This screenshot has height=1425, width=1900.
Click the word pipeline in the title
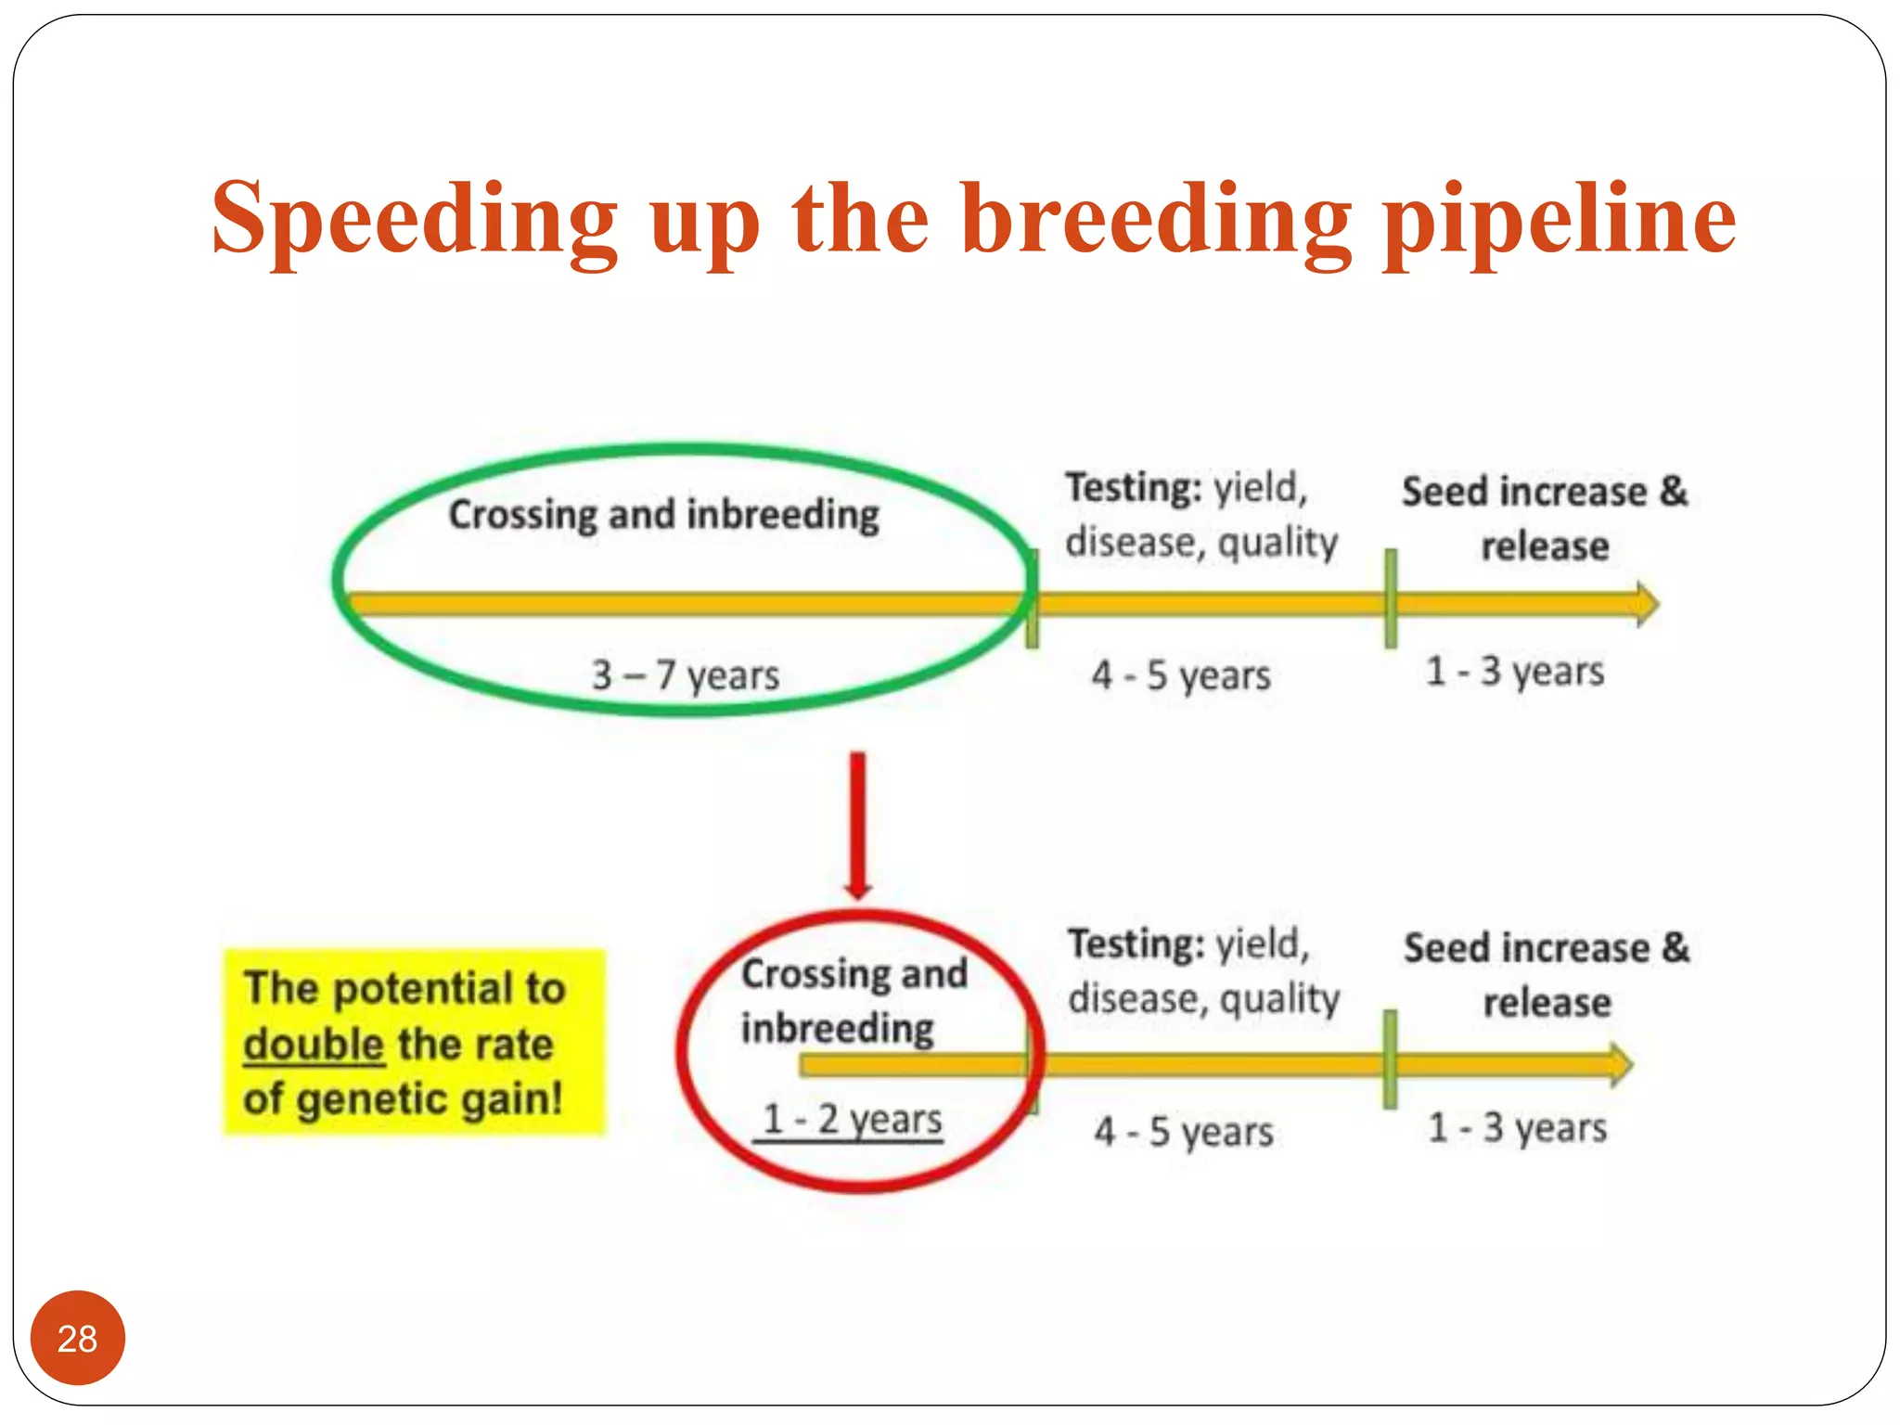point(1560,219)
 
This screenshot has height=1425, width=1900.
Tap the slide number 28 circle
point(77,1338)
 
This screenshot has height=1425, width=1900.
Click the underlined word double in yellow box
point(314,1045)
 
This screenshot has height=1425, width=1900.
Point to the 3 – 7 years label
point(686,674)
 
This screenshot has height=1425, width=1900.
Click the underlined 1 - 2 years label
point(851,1119)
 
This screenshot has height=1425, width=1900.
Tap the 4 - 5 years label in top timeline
point(1180,674)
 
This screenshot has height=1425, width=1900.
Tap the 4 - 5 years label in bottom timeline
point(1183,1131)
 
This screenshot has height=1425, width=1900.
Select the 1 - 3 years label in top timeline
point(1514,670)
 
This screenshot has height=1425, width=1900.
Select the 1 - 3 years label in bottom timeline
point(1517,1127)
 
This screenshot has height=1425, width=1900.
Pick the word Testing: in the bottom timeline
point(1136,944)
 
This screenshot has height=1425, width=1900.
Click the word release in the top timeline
point(1545,546)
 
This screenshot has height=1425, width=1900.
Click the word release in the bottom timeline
point(1547,1002)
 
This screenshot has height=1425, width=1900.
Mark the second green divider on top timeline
point(1391,598)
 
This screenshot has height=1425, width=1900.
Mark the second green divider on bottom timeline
point(1390,1059)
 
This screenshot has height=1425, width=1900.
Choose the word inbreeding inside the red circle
point(837,1028)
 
